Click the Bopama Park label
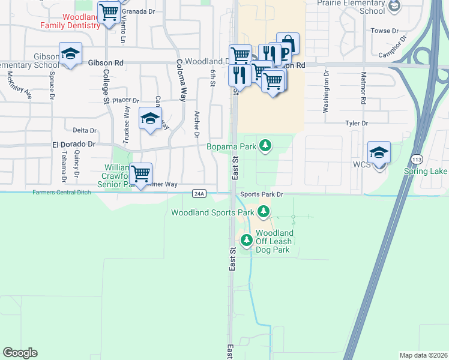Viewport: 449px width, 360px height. pyautogui.click(x=231, y=146)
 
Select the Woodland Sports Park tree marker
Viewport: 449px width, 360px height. pyautogui.click(x=263, y=212)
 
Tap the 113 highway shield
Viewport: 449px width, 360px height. pyautogui.click(x=416, y=158)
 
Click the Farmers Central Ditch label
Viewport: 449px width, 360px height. pyautogui.click(x=40, y=192)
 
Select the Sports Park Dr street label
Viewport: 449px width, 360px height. pyautogui.click(x=261, y=194)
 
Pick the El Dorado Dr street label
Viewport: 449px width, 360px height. pyautogui.click(x=74, y=145)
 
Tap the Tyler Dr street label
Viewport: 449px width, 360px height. pyautogui.click(x=356, y=123)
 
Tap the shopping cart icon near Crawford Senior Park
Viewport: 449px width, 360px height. pyautogui.click(x=140, y=174)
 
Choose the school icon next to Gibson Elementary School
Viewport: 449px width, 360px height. pyautogui.click(x=70, y=54)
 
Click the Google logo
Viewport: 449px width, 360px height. pyautogui.click(x=20, y=353)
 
